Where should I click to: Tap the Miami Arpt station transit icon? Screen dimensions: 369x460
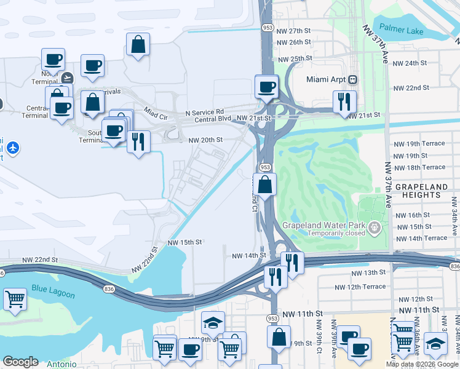[354, 79]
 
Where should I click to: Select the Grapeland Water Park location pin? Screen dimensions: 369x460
[375, 229]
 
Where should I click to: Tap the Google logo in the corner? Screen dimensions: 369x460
[20, 362]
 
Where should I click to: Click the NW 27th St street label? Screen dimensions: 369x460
[294, 31]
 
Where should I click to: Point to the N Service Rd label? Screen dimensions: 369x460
[205, 113]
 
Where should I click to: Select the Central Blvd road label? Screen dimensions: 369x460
[213, 119]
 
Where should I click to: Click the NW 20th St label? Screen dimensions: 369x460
[205, 140]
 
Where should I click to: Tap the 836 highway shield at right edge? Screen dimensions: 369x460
[454, 266]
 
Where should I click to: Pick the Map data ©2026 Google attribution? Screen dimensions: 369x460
[421, 364]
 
